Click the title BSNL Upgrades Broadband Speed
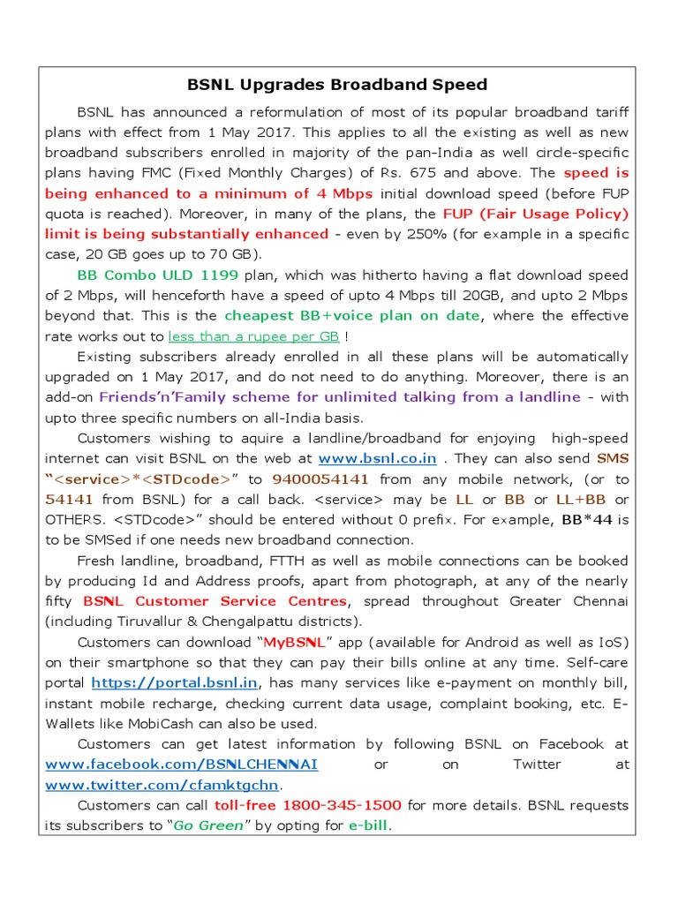pyautogui.click(x=337, y=85)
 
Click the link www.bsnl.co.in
pyautogui.click(x=377, y=459)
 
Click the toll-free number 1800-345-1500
pyautogui.click(x=338, y=805)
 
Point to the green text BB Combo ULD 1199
pyautogui.click(x=158, y=275)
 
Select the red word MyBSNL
pyautogui.click(x=303, y=642)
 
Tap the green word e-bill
pyautogui.click(x=367, y=826)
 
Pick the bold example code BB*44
pyautogui.click(x=587, y=520)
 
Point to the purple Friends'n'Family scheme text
pyautogui.click(x=339, y=397)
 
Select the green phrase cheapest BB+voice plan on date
pyautogui.click(x=352, y=316)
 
